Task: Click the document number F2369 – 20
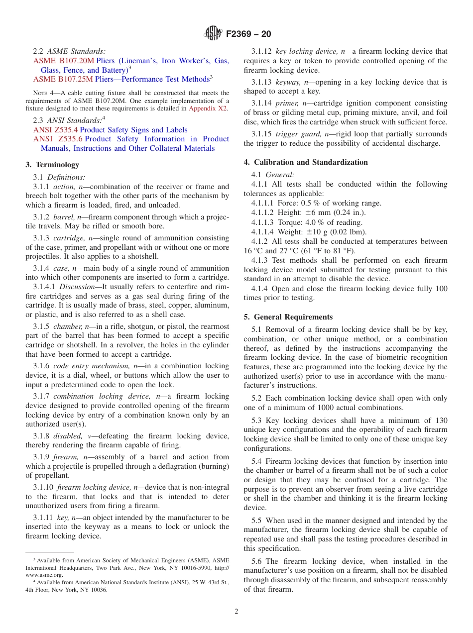pos(248,34)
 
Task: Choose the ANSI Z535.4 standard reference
pos(55,130)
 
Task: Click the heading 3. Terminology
pos(52,165)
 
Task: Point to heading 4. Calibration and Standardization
pos(306,162)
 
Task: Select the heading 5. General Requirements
pos(288,317)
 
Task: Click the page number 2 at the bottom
pos(236,612)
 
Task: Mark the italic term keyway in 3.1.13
pos(288,82)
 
